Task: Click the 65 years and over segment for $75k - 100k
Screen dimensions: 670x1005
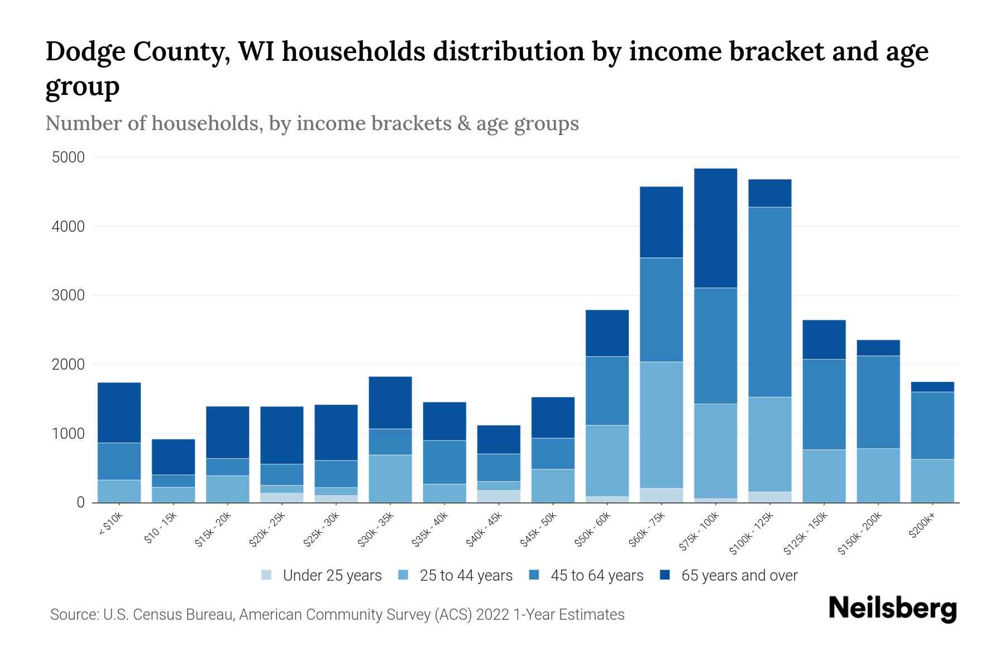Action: [x=715, y=228]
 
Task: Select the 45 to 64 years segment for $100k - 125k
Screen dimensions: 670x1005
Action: [x=770, y=302]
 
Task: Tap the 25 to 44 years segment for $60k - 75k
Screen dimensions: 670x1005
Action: [x=661, y=425]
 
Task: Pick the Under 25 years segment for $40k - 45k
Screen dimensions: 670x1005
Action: [x=499, y=496]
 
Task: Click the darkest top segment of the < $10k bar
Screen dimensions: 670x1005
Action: [x=119, y=413]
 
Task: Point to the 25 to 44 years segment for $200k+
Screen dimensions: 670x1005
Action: [x=932, y=481]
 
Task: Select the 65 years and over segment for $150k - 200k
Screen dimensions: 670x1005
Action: [x=878, y=348]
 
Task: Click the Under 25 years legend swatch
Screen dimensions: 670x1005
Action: [x=267, y=575]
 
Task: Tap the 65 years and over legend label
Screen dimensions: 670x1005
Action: [x=739, y=576]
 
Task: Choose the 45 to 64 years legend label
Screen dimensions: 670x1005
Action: [x=597, y=576]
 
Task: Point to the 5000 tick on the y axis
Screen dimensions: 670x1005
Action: [x=68, y=157]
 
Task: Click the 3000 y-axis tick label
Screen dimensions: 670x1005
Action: [x=68, y=295]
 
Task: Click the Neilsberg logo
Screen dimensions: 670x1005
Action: [x=892, y=608]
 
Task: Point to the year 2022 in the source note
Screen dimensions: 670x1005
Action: [x=492, y=615]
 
